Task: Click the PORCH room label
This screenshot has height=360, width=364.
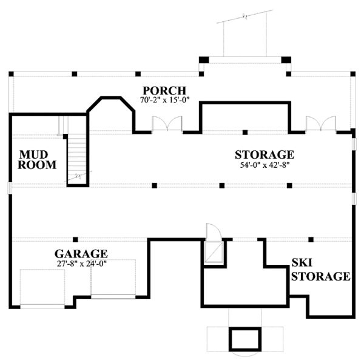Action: tap(164, 91)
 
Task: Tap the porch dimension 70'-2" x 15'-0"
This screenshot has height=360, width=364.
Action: tap(165, 100)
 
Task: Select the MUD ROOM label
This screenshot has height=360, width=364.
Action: tap(37, 160)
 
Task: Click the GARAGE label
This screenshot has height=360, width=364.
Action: tap(81, 254)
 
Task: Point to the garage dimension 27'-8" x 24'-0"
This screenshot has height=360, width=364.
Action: tap(81, 264)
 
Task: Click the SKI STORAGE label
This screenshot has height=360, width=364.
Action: tap(321, 270)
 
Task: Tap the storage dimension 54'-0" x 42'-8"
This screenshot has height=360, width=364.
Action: tap(265, 165)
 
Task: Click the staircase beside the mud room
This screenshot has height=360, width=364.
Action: tap(77, 160)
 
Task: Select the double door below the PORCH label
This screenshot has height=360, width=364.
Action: tap(167, 124)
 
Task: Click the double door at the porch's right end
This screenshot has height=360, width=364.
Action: tap(320, 124)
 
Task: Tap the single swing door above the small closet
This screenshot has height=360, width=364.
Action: tap(214, 231)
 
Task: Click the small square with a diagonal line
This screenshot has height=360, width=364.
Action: tap(214, 252)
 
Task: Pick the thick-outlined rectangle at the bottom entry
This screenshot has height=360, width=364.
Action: tap(245, 339)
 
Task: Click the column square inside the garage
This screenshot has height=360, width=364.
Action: tap(75, 239)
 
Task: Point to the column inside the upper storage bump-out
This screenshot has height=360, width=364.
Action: tap(245, 133)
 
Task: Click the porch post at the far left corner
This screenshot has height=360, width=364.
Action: tap(11, 74)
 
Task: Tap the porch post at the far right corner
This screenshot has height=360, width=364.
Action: tap(353, 74)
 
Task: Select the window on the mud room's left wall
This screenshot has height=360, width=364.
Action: tap(10, 188)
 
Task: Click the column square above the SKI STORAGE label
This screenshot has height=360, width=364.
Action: tap(311, 239)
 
